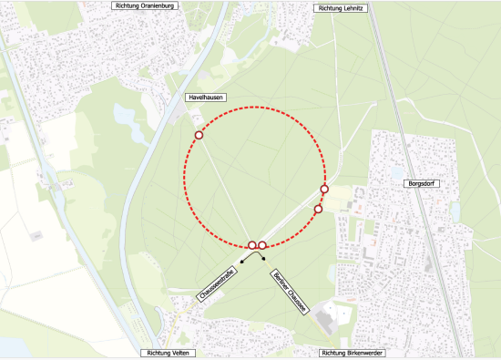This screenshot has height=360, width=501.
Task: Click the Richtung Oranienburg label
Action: point(144,5)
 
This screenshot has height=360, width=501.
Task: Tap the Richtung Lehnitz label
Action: point(343,7)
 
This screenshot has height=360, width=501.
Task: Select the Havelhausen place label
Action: point(201,97)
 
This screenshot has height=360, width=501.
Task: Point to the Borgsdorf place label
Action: point(422,183)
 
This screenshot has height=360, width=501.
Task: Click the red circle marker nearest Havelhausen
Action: point(199,136)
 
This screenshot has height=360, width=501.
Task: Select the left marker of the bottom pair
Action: point(252,245)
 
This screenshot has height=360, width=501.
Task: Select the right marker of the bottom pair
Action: point(262,245)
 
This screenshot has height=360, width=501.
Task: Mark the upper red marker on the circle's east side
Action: point(324,190)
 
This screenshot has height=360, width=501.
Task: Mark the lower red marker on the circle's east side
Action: point(318,210)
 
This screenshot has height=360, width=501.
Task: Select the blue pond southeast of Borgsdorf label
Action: point(455,211)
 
